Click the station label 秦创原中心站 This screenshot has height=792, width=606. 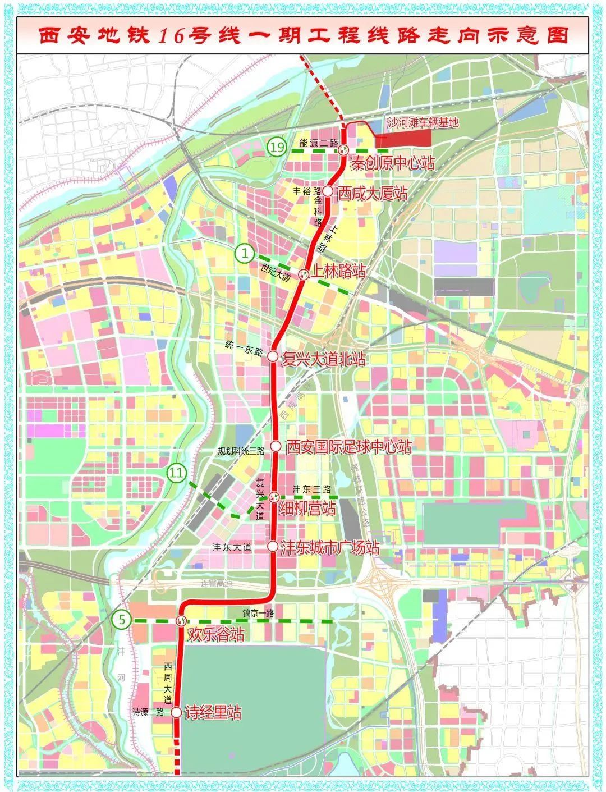tap(392, 164)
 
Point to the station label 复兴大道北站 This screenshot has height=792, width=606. tap(324, 359)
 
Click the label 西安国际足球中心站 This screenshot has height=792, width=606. tap(348, 447)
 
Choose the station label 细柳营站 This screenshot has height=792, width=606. tap(307, 509)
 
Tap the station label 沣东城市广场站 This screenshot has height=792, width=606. tap(329, 548)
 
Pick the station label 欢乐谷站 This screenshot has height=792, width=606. tap(215, 635)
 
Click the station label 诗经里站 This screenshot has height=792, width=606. tap(213, 713)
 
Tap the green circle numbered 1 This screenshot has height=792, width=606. tap(245, 254)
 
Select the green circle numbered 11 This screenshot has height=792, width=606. tap(176, 473)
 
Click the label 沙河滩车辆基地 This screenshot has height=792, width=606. tap(423, 122)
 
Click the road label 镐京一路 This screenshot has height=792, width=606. tap(258, 614)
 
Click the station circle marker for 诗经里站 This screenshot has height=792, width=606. tap(176, 713)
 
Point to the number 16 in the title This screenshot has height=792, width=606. tap(169, 36)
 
